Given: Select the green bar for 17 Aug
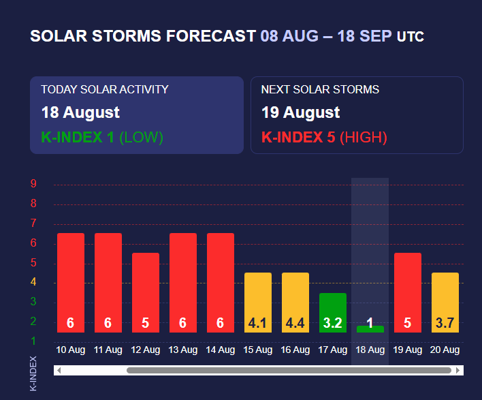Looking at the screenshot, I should pyautogui.click(x=332, y=312).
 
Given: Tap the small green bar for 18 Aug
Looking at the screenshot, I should pyautogui.click(x=370, y=328).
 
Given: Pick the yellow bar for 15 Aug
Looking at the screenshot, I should pyautogui.click(x=257, y=302).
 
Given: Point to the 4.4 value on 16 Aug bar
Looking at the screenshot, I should pyautogui.click(x=295, y=324).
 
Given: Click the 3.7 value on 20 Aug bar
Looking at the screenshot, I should pyautogui.click(x=445, y=324).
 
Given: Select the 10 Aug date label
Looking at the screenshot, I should pyautogui.click(x=70, y=350).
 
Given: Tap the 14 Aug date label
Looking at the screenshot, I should pyautogui.click(x=220, y=350).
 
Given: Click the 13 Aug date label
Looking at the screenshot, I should pyautogui.click(x=182, y=350).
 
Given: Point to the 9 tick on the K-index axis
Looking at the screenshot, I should pyautogui.click(x=33, y=184).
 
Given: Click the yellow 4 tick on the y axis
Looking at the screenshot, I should pyautogui.click(x=33, y=282).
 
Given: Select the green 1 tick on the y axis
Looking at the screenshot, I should pyautogui.click(x=33, y=341).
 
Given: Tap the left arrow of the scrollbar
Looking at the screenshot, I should pyautogui.click(x=59, y=371).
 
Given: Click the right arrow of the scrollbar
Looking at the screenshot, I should pyautogui.click(x=458, y=371).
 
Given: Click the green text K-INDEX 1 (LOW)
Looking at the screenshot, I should pyautogui.click(x=102, y=137).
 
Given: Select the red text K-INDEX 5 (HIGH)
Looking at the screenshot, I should pyautogui.click(x=324, y=137).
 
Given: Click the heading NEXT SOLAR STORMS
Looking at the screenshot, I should pyautogui.click(x=320, y=89).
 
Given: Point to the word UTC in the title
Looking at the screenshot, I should pyautogui.click(x=411, y=36).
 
